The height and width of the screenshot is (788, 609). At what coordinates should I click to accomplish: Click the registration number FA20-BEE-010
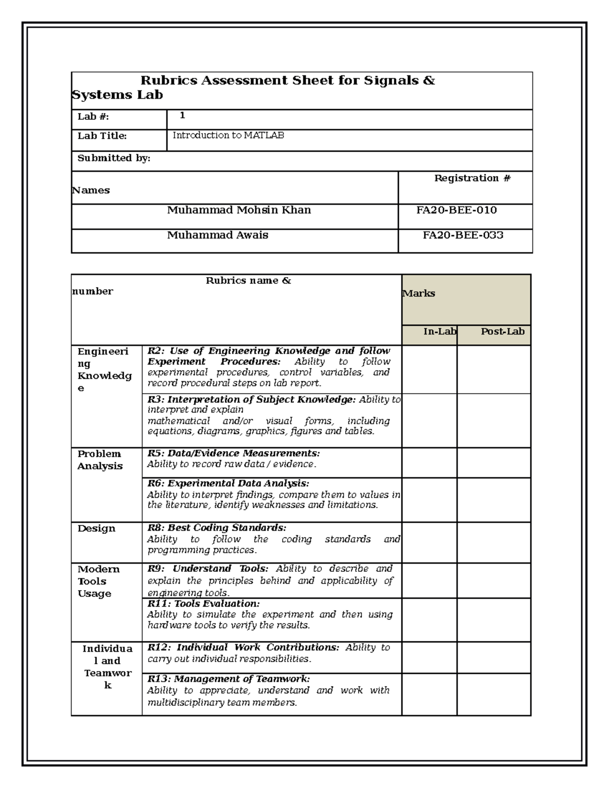click(x=456, y=210)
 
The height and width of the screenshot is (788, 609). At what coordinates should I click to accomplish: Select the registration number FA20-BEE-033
click(x=463, y=235)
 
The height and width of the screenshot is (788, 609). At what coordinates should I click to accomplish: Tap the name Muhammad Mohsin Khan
click(x=239, y=210)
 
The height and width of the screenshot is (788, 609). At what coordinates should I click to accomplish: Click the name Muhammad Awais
click(x=218, y=235)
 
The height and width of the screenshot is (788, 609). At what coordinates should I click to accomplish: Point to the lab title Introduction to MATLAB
click(x=228, y=135)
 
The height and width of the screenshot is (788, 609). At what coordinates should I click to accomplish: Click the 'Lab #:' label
click(x=93, y=117)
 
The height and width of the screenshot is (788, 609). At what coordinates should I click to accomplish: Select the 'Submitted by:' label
click(x=114, y=158)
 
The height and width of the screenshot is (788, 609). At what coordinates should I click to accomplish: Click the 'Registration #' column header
click(x=472, y=178)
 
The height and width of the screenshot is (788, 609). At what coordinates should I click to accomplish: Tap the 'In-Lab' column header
click(x=440, y=331)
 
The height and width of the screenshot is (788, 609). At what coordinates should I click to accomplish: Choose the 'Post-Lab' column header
click(x=502, y=331)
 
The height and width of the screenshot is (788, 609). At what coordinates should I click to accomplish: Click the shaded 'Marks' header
click(x=419, y=293)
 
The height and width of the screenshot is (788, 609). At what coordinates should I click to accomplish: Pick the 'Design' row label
click(x=96, y=529)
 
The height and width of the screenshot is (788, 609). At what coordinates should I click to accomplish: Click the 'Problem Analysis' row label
click(x=100, y=460)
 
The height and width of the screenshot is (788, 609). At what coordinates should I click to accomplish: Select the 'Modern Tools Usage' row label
click(x=98, y=581)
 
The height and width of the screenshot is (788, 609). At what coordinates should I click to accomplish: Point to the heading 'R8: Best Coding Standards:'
click(x=217, y=528)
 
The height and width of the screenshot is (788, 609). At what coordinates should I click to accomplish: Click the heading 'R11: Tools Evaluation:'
click(x=203, y=604)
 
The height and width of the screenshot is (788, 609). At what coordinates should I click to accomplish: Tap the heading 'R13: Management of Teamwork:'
click(x=228, y=679)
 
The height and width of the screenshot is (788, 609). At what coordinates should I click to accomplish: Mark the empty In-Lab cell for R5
click(x=429, y=463)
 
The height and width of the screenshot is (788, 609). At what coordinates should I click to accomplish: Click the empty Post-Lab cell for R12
click(x=494, y=658)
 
